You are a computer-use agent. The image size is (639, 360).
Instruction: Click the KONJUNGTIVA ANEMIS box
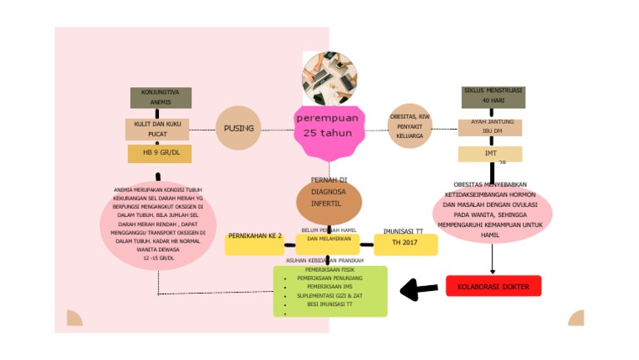[x=161, y=97]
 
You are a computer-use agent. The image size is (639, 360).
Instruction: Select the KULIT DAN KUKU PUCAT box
[x=157, y=129]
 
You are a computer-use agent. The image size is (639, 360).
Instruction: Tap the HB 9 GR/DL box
[x=161, y=153]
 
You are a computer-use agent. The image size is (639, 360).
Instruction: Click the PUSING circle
[x=239, y=128]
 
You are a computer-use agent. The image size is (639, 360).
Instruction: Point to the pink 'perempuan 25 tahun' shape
[x=329, y=131]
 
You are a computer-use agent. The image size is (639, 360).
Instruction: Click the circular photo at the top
[x=329, y=78]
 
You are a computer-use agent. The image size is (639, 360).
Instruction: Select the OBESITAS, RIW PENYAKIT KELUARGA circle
[x=410, y=126]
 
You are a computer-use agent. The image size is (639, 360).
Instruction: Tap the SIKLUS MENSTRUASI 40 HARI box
[x=493, y=96]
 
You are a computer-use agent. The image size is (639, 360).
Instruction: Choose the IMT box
[x=490, y=154]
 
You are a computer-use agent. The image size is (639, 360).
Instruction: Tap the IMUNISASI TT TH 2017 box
[x=406, y=244]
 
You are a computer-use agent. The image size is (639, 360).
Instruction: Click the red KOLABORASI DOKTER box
[x=493, y=286]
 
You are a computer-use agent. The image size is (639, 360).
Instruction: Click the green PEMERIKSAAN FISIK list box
[x=330, y=291]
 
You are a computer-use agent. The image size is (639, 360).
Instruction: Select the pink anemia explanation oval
[x=157, y=224]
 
